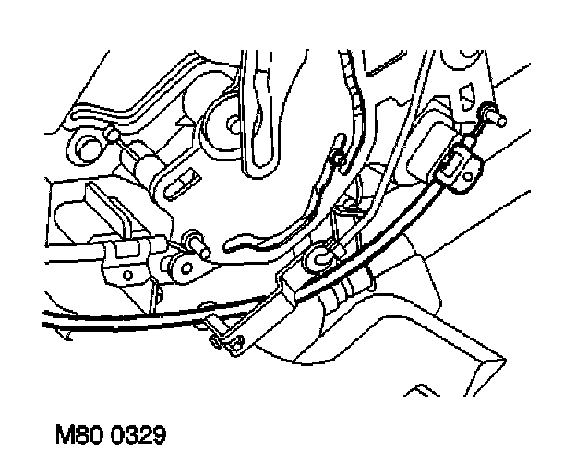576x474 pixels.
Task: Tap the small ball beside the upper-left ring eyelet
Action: [x=113, y=136]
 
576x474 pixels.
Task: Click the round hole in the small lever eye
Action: [x=186, y=270]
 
